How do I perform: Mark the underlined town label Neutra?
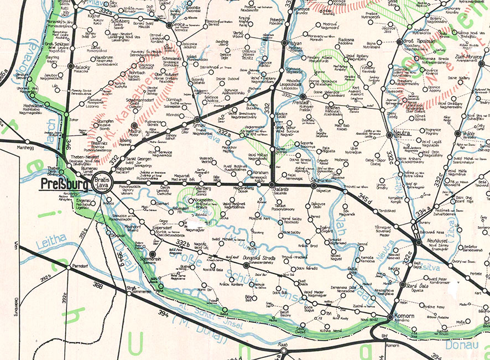pos(402,134)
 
